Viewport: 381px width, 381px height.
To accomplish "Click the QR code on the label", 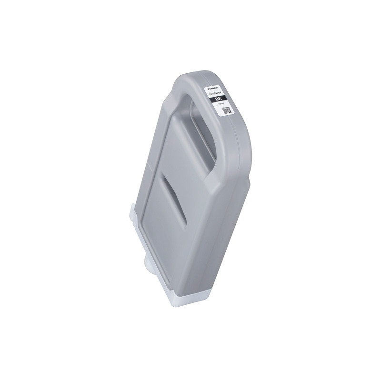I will tap(225, 111).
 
